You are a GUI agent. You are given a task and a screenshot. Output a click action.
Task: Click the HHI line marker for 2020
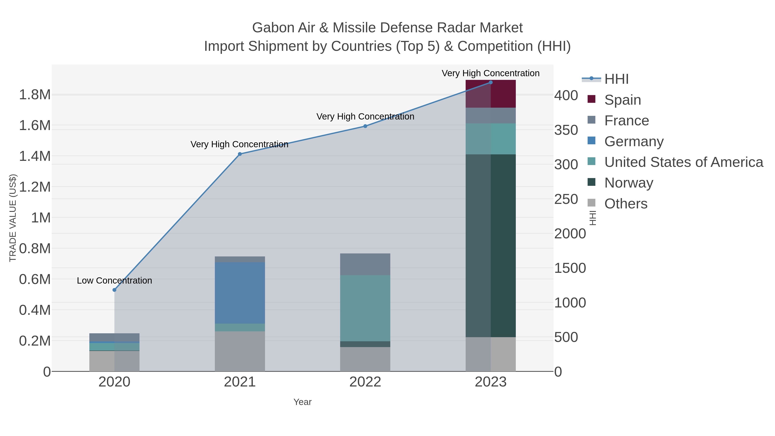click(114, 290)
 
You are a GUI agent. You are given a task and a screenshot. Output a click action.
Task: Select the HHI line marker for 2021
click(240, 154)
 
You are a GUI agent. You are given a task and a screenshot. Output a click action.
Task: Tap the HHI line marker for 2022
click(365, 126)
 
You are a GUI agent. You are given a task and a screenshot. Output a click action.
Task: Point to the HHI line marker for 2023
click(491, 82)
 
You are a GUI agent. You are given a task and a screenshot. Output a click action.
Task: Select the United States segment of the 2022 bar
click(365, 308)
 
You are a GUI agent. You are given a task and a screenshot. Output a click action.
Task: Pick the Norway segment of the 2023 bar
click(491, 245)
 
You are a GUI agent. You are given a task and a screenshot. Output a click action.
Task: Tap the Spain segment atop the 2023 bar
click(491, 94)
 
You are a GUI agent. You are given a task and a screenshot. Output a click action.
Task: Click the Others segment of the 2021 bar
click(240, 351)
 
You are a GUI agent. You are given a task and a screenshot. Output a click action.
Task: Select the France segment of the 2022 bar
click(365, 264)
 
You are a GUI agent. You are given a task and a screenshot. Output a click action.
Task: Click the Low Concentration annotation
click(114, 280)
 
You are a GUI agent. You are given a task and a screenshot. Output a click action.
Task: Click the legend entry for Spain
click(622, 100)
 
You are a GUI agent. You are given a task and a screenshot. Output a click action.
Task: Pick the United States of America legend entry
click(683, 162)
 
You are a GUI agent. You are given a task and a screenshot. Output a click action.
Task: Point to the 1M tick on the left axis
click(41, 217)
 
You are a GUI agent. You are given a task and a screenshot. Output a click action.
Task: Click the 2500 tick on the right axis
click(566, 199)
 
